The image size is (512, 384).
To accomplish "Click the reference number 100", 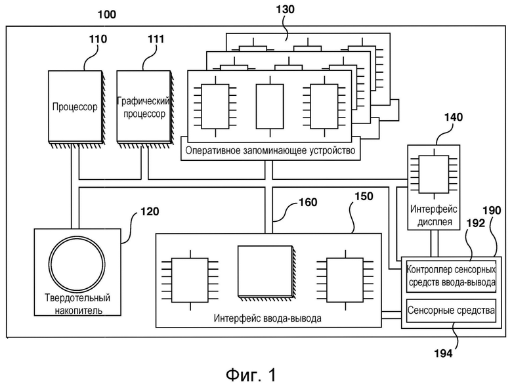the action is (107, 14).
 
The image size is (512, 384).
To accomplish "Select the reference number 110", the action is (98, 39).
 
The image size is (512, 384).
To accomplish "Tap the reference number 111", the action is (156, 39).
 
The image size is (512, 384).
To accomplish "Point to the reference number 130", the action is (285, 9).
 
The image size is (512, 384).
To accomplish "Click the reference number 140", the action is (453, 117).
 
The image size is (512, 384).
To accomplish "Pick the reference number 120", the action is (150, 211).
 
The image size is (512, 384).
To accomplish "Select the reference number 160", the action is (308, 202).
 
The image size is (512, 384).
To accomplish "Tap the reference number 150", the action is (364, 196).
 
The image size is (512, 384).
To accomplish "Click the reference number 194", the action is (443, 353).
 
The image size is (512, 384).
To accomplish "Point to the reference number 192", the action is (476, 223).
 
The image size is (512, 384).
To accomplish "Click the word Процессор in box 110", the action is (75, 107).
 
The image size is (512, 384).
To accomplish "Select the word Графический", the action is (144, 100).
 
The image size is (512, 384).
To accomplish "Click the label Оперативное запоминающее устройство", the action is (270, 151).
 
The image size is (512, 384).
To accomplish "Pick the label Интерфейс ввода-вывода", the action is (267, 318).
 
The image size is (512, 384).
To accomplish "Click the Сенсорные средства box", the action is (451, 310).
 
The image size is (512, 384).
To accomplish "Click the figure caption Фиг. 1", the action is (251, 375).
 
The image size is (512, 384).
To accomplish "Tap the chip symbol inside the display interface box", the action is (434, 175).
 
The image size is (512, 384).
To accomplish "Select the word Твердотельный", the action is (77, 298).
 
